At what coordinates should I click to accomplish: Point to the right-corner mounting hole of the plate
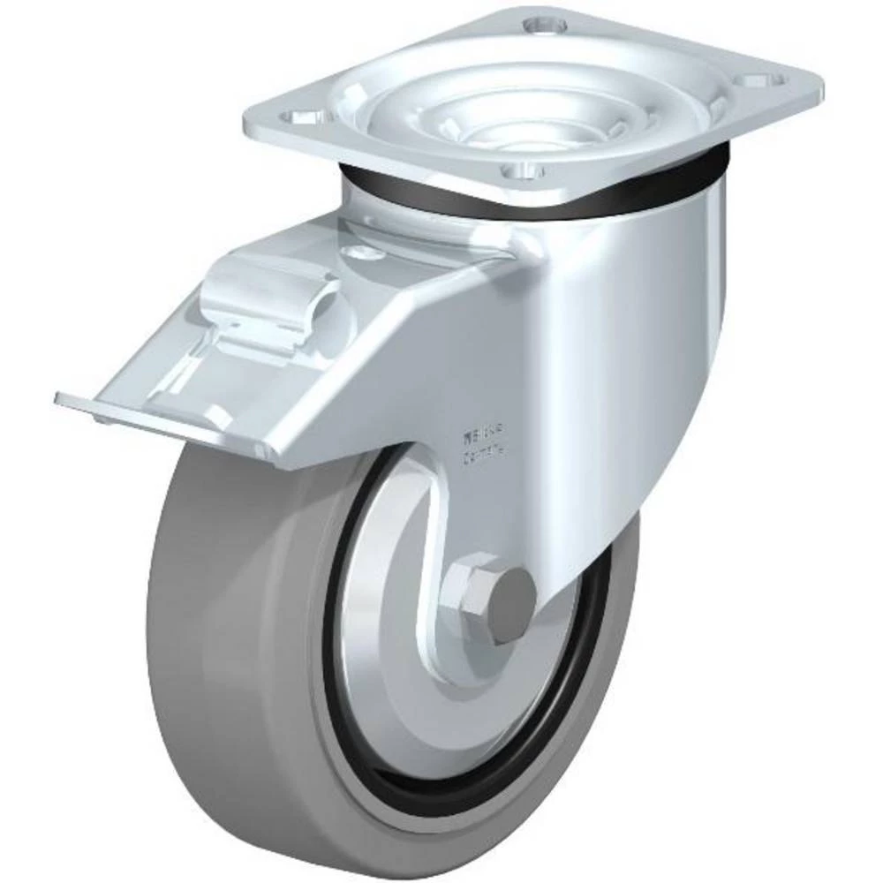point(766,80)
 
